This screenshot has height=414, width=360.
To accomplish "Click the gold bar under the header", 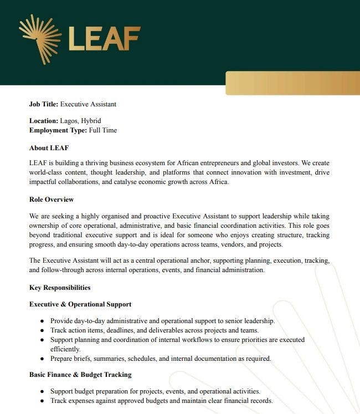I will point(292,83).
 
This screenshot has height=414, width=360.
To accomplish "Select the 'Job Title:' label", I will point(44,104).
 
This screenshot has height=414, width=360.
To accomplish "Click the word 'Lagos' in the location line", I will point(69,120).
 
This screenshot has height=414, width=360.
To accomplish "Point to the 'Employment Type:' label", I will point(58,130).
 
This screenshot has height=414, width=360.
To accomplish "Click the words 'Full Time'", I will point(102,130).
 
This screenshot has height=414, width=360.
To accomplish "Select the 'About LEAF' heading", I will point(49,148).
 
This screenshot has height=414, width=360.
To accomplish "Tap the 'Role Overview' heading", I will point(52,199).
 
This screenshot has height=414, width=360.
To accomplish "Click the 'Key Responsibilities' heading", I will point(60,288).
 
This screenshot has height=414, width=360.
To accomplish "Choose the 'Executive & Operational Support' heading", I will point(80,304).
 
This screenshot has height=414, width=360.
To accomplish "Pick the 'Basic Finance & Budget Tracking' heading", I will point(80,375).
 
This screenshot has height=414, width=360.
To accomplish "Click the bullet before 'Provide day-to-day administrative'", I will point(43,321).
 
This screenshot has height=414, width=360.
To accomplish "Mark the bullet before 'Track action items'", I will point(43,330).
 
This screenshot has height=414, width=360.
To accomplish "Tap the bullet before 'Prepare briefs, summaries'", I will point(43,359).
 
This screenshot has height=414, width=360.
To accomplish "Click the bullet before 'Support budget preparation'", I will point(43,391).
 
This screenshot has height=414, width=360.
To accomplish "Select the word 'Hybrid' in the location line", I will point(90,120).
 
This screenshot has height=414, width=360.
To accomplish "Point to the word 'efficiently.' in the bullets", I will point(65,349).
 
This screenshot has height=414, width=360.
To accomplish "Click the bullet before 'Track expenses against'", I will point(43,401).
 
